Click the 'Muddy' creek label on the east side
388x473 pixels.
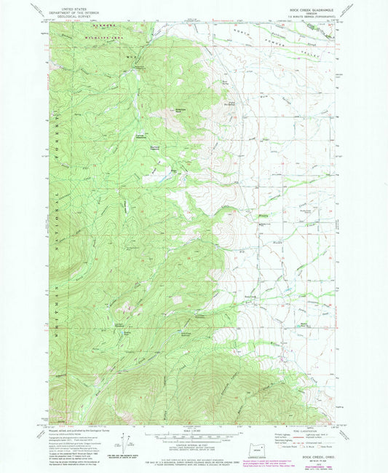click(x=264, y=214)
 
